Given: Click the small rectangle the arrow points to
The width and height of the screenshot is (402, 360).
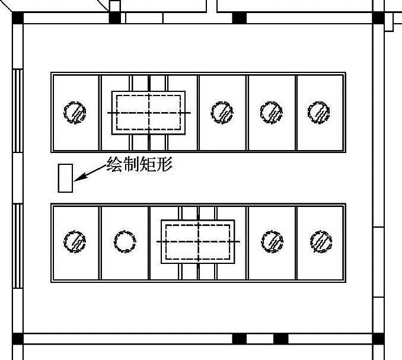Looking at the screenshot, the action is pos(65,178).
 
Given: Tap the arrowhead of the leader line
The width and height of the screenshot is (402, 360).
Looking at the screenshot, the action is pos(78,177).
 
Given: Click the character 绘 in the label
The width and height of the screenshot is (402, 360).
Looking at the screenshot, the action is pos(114,164).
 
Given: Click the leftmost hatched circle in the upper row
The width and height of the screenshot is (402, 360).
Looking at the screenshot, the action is pos(75,112).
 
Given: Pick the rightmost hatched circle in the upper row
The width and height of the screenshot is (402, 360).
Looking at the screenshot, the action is pos(319,111).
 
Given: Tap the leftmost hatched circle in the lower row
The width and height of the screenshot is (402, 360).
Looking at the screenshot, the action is pos(75,242).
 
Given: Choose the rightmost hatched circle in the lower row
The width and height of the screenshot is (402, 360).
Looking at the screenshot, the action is pos(321,242).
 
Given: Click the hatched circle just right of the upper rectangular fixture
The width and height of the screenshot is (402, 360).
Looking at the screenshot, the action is pos(222,112).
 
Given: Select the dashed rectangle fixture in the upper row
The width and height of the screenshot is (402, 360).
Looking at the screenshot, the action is pos(148,113).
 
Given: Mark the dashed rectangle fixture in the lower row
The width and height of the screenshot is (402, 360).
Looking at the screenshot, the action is pos(198,242).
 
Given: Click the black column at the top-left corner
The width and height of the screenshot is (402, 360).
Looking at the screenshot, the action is pos(17,17).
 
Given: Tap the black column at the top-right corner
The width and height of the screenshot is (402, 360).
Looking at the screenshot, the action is pos(378,17).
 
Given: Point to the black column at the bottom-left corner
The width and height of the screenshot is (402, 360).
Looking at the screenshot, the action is pos(17,339).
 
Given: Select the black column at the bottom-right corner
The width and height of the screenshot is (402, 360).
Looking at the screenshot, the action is pos(378,339).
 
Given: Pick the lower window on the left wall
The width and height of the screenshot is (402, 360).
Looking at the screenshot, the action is pos(18,246).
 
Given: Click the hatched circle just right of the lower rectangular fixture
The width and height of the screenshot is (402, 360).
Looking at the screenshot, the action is pos(272,242).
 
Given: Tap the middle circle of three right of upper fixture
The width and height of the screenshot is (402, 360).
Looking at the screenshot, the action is pos(271,111).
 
